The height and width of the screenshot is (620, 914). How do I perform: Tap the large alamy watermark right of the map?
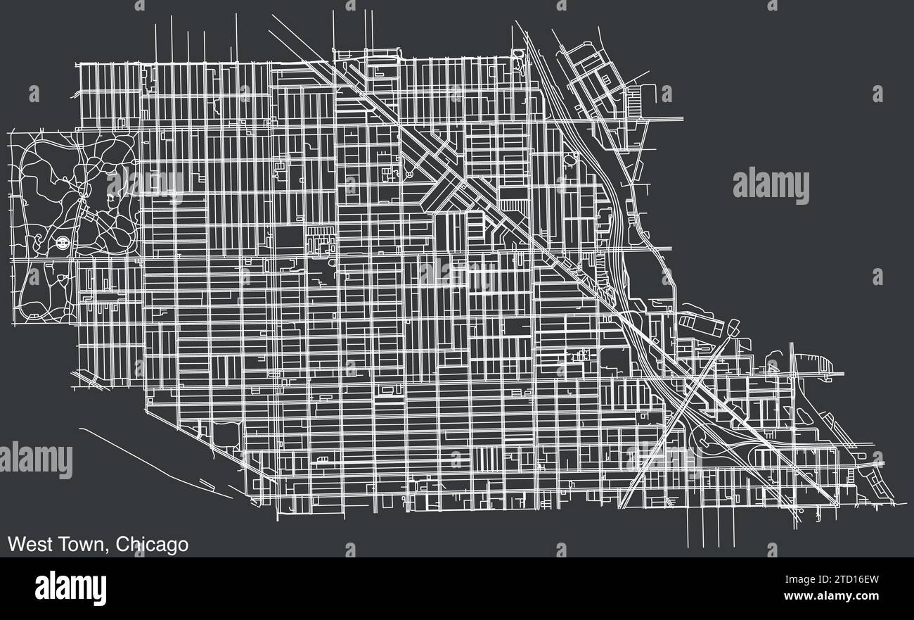point(771,186)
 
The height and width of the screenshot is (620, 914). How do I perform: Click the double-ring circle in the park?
point(61,243)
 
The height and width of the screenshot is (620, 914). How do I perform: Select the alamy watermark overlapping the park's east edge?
point(144,185)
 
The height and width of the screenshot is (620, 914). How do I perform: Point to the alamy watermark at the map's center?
point(457,274)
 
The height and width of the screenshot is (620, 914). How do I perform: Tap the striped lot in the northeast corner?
point(633,101)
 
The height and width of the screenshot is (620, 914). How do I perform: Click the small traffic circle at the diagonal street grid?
point(408,172)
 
